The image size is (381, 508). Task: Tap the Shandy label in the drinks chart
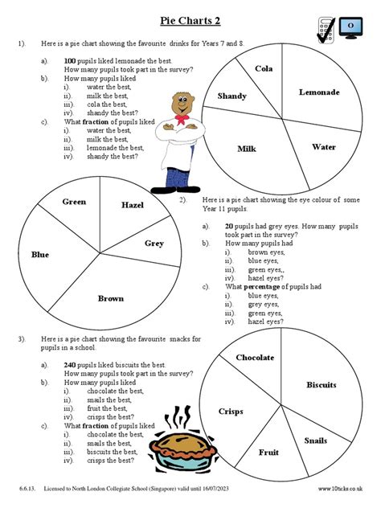[232, 96]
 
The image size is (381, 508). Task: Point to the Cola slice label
[264, 68]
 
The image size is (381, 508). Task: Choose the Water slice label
[324, 147]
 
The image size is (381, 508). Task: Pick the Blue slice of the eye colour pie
[40, 255]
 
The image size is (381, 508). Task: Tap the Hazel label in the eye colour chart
[133, 206]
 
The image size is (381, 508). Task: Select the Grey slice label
[154, 243]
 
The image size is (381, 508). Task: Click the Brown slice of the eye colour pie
[111, 298]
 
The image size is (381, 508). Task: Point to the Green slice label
[75, 202]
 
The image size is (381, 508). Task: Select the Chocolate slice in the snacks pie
[255, 358]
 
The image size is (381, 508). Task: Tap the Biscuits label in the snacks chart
[322, 385]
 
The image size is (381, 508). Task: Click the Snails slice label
[316, 440]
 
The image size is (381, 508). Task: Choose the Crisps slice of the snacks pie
[231, 412]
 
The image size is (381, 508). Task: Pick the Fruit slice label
[268, 452]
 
